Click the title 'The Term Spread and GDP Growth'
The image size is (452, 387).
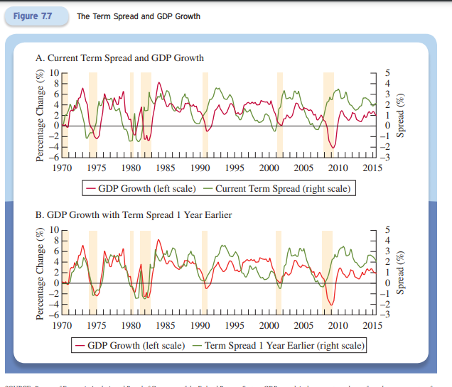138,16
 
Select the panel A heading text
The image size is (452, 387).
119,58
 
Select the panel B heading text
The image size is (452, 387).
133,214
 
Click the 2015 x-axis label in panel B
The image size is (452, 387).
372,325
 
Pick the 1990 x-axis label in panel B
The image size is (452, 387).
200,325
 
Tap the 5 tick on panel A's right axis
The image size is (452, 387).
387,73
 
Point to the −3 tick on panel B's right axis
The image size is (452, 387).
387,312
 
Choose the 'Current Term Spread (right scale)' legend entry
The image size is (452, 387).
284,188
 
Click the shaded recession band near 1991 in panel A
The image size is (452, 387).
205,114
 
